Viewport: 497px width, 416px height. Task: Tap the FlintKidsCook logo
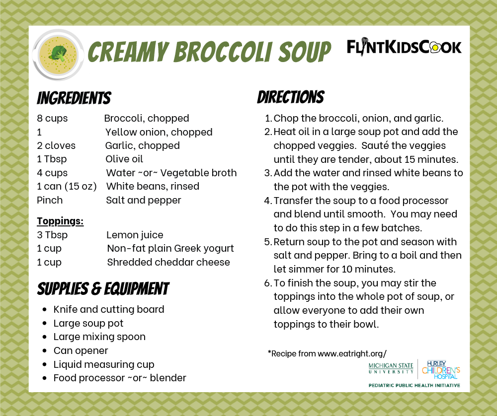click(404, 47)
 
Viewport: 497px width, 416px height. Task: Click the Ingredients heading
click(74, 98)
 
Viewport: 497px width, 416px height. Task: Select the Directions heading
click(290, 97)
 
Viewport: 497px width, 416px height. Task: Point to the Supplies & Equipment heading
click(103, 288)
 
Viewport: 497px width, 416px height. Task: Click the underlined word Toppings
click(60, 221)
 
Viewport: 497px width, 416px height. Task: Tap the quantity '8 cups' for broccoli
click(52, 118)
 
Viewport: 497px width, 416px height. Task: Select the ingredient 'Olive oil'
click(124, 159)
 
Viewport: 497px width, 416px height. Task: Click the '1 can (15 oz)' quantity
click(67, 186)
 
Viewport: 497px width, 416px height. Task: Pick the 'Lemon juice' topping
click(135, 235)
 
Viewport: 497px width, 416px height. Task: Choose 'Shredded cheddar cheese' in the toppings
click(168, 262)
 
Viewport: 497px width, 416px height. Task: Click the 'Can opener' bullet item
click(81, 350)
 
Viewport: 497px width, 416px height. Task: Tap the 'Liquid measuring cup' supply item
click(104, 364)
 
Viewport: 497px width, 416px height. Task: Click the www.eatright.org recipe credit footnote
click(327, 353)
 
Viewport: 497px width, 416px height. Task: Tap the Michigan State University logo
click(391, 368)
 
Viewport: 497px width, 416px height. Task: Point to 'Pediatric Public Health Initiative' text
click(414, 385)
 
